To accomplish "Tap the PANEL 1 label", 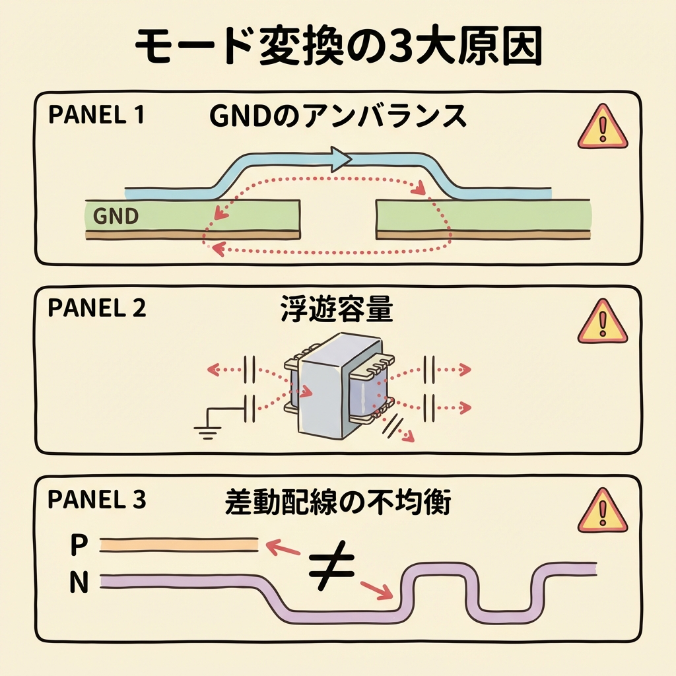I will [x=96, y=116].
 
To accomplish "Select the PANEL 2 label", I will [x=96, y=308].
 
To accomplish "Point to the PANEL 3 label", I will [x=96, y=500].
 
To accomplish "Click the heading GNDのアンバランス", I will [x=337, y=118].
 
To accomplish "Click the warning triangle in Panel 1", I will [x=602, y=127].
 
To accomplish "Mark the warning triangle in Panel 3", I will [x=602, y=512].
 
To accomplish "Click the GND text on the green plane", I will [x=116, y=216].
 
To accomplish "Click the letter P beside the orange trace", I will [x=79, y=546].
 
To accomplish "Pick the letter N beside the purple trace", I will [x=79, y=583].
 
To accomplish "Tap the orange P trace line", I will [x=178, y=545].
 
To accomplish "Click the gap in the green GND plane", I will [x=338, y=218].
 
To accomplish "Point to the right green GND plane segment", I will [x=482, y=216].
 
